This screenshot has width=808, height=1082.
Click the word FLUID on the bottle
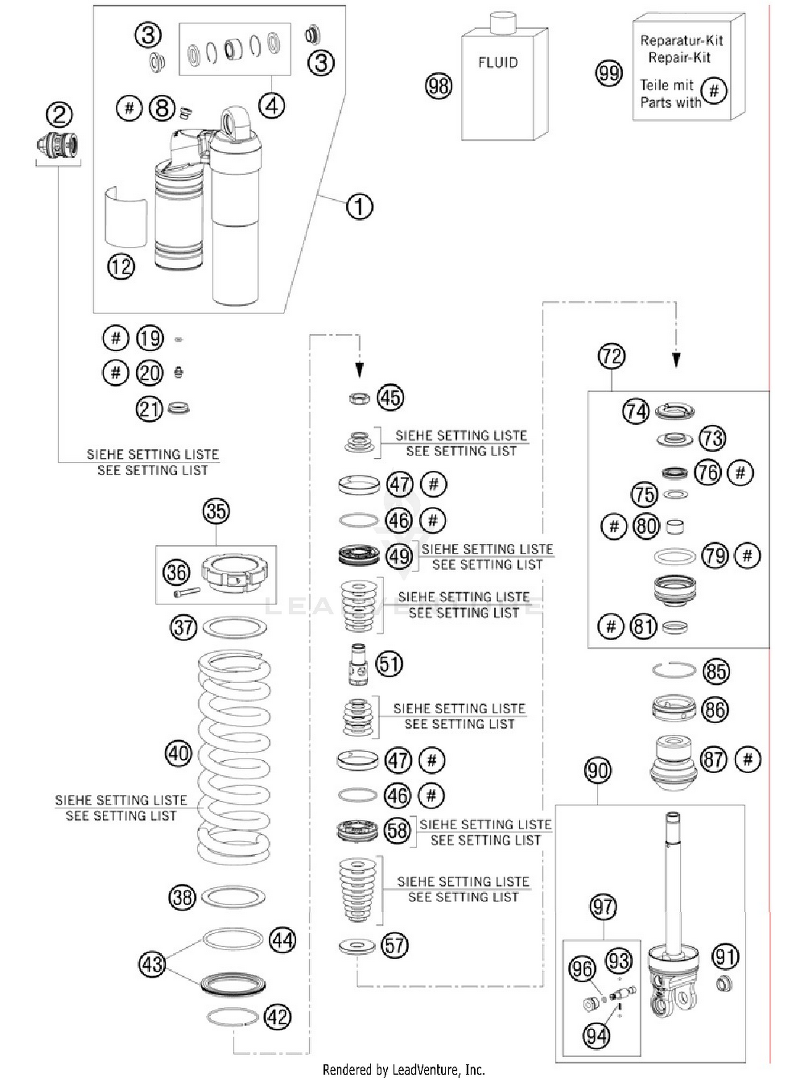click(x=498, y=63)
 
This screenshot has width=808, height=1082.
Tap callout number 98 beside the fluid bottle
click(x=438, y=86)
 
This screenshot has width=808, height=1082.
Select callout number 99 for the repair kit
click(x=609, y=73)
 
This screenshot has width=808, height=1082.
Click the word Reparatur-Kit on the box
click(x=681, y=40)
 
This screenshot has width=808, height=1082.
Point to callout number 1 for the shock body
click(x=359, y=206)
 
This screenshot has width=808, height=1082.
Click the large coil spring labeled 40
click(x=234, y=754)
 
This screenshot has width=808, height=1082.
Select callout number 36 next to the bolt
click(x=177, y=572)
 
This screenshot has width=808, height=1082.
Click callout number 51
click(x=389, y=664)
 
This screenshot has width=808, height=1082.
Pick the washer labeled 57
click(x=357, y=945)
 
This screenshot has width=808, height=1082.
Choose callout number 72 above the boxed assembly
click(x=611, y=356)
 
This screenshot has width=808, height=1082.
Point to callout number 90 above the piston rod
click(x=597, y=771)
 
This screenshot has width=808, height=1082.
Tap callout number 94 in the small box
click(x=596, y=1036)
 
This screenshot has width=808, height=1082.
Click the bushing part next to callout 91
click(x=725, y=983)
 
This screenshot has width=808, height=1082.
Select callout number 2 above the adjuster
click(x=59, y=115)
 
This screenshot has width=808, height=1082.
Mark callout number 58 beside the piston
click(x=398, y=830)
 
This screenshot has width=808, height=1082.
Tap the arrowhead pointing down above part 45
click(x=359, y=370)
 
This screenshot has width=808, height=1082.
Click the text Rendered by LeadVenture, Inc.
click(x=403, y=1070)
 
